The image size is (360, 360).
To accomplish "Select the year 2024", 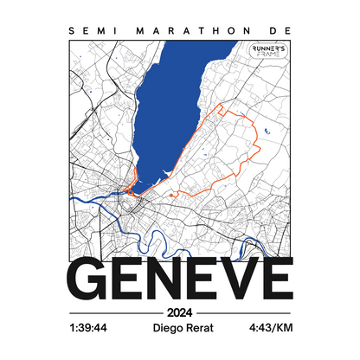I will click(x=180, y=312).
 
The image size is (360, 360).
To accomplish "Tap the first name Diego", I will click(x=167, y=330).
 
